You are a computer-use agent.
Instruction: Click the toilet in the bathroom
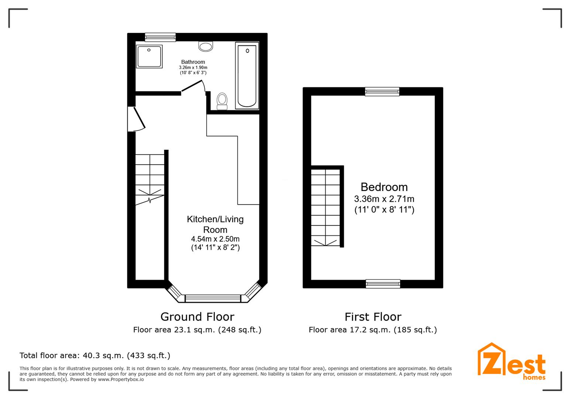click(x=222, y=101)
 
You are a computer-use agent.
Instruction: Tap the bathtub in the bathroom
click(x=247, y=76)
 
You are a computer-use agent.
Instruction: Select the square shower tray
click(x=149, y=57)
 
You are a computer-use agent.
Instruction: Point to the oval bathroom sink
click(x=206, y=47)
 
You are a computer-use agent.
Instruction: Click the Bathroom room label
click(x=193, y=62)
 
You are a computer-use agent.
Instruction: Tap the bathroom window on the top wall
click(x=160, y=37)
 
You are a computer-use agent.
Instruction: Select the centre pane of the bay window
click(x=213, y=299)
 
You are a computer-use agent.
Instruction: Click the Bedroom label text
click(x=384, y=187)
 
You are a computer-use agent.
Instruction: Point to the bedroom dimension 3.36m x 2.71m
click(x=384, y=199)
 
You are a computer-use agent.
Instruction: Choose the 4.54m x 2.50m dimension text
click(x=215, y=239)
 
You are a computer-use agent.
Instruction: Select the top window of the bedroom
click(x=382, y=91)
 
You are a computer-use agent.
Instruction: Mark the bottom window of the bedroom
click(x=383, y=284)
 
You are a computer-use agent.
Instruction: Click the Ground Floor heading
click(x=197, y=317)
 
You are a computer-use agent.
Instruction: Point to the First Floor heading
click(x=373, y=317)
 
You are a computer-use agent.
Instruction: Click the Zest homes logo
click(x=511, y=362)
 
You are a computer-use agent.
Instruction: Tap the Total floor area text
click(x=95, y=355)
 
